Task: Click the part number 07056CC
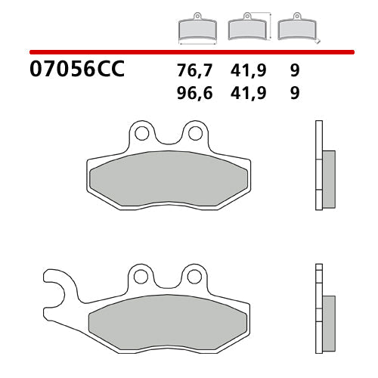pyautogui.click(x=76, y=71)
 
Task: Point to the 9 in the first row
pyautogui.click(x=294, y=71)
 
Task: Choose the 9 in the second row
pyautogui.click(x=294, y=94)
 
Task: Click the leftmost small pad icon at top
pyautogui.click(x=197, y=29)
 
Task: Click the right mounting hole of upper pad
pyautogui.click(x=195, y=133)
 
